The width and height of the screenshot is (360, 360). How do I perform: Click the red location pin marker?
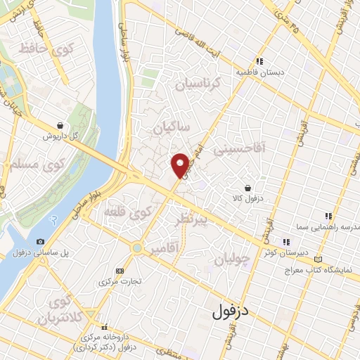point(181,165)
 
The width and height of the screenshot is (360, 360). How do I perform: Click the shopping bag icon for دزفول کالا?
point(248,188)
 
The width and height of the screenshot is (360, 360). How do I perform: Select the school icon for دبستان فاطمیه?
point(259,61)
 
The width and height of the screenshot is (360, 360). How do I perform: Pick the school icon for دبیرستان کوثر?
point(285,241)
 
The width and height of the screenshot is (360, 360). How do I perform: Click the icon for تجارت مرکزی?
point(119,270)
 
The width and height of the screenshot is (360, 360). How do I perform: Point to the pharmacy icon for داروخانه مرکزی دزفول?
point(105,326)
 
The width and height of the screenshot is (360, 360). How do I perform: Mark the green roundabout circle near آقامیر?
point(136,248)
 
